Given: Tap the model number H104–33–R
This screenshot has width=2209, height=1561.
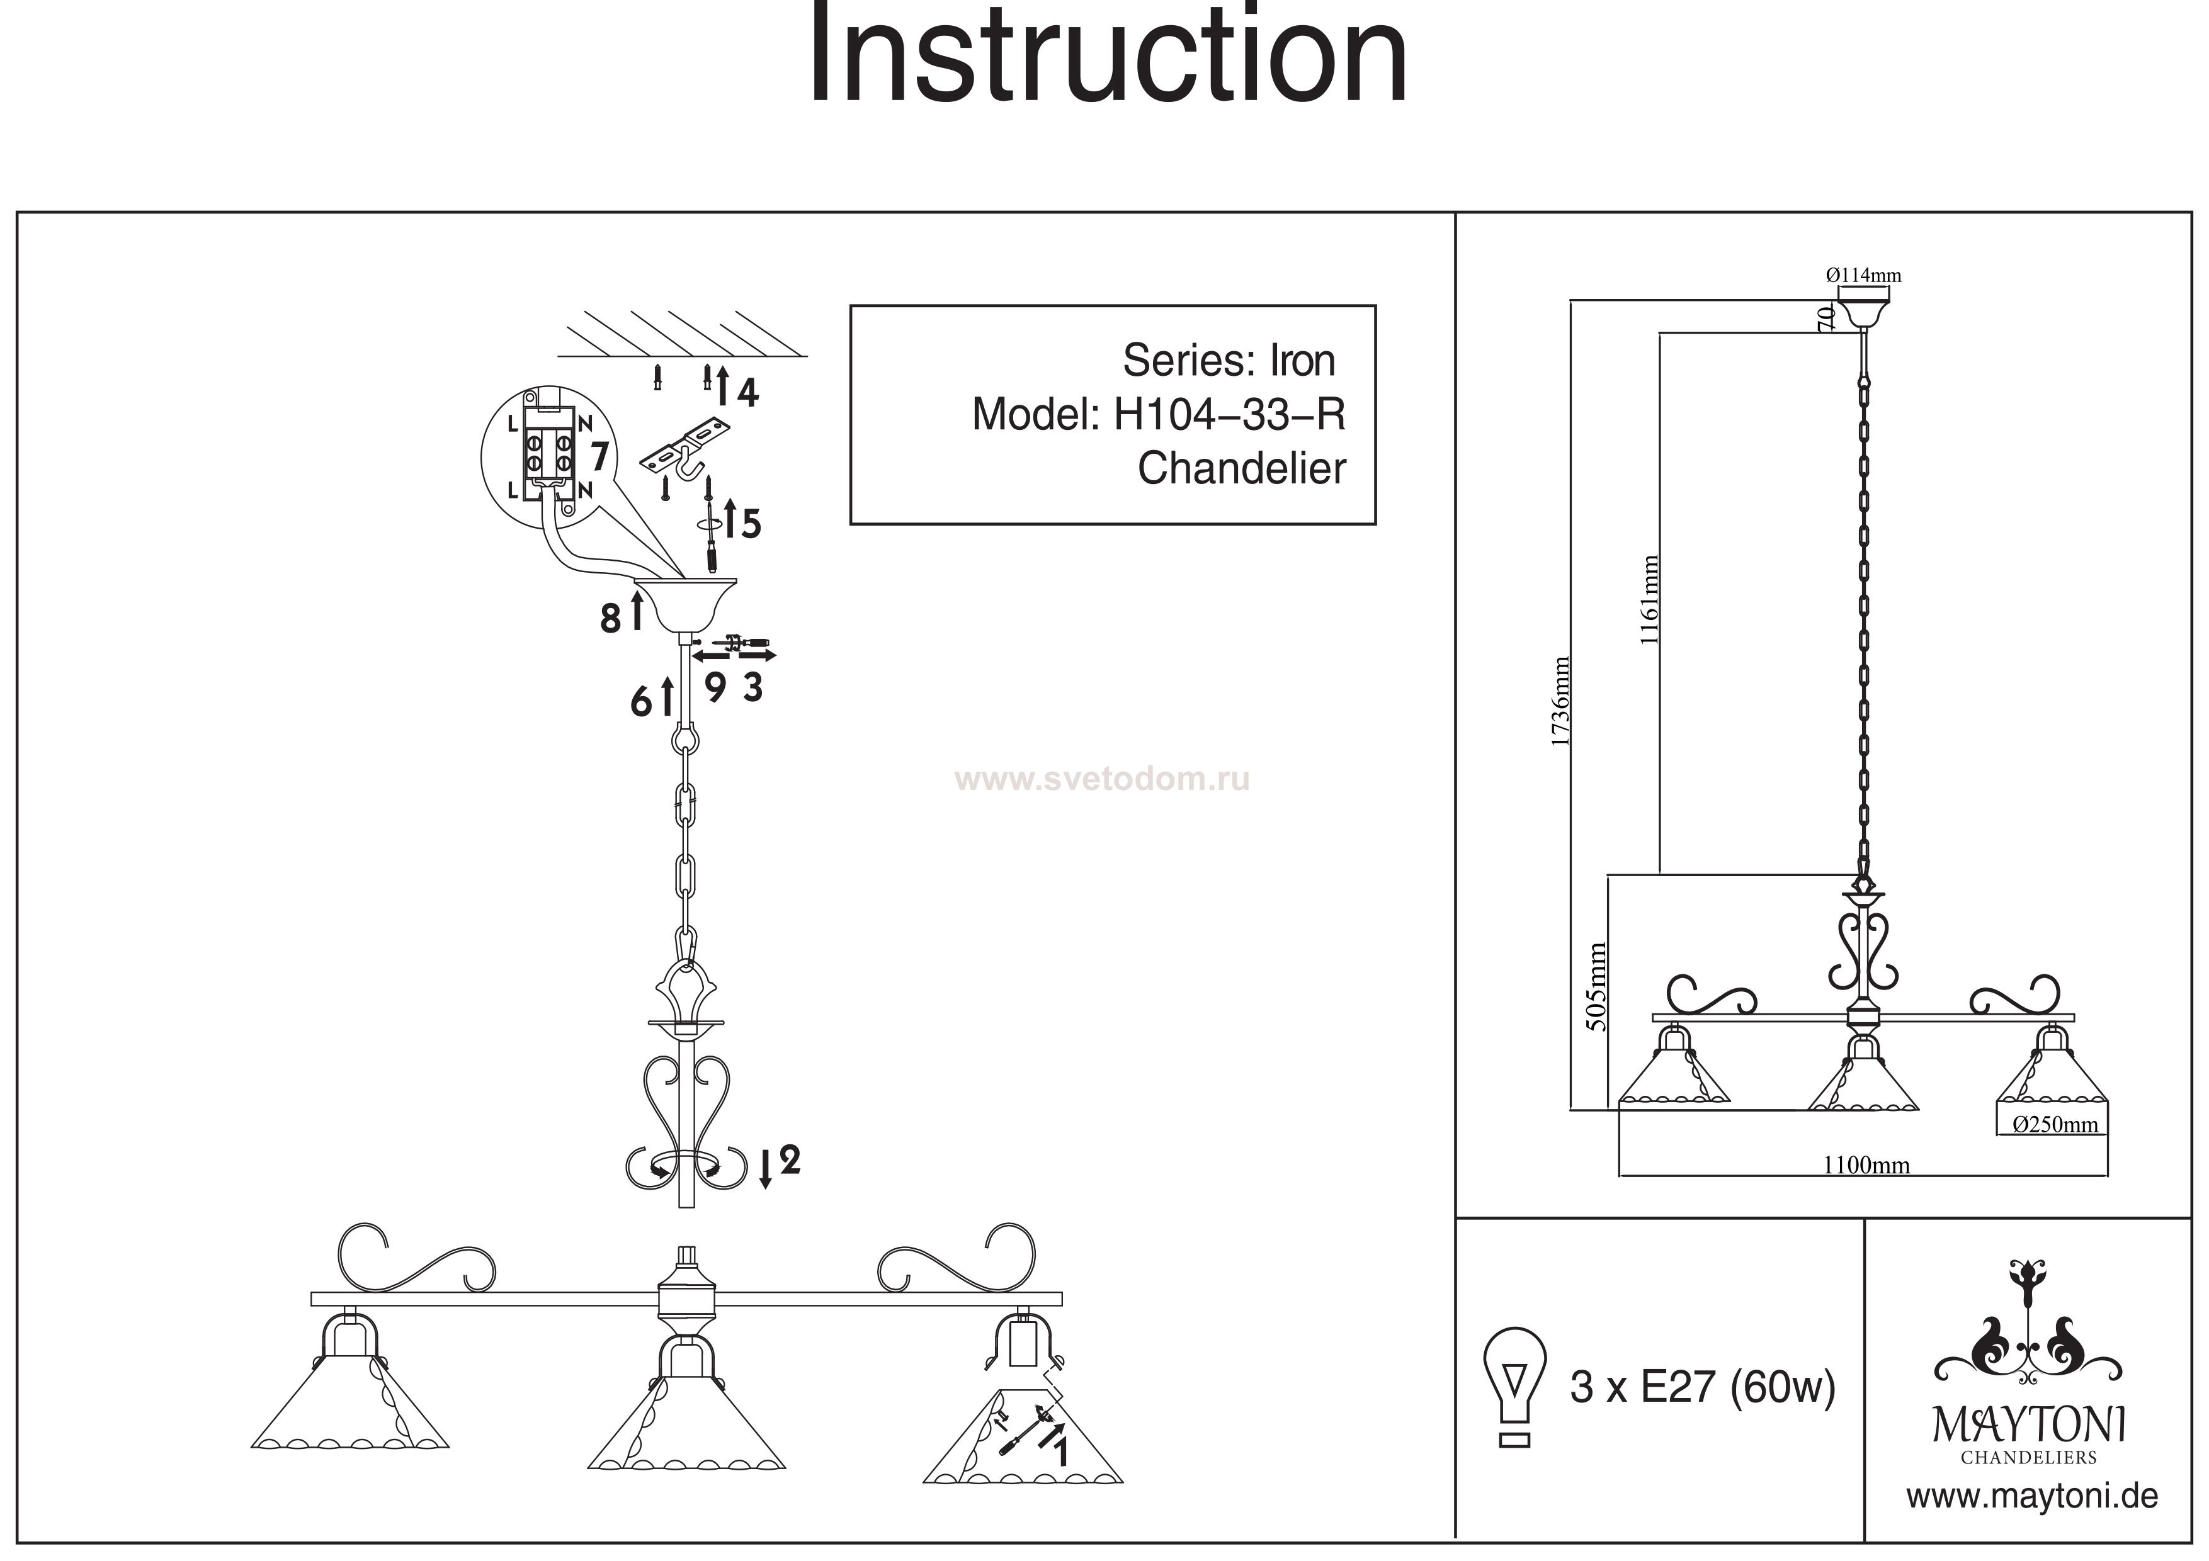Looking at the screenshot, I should (x=1229, y=415).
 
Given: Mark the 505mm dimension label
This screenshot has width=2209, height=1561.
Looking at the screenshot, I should (x=1596, y=988).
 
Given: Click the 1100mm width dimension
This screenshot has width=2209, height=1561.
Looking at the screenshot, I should (x=1866, y=1166).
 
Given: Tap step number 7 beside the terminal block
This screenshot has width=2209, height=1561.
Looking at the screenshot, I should (x=599, y=456).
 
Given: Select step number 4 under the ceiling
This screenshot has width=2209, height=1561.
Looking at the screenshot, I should (x=747, y=392).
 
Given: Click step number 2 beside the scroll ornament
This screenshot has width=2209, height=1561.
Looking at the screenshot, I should (x=789, y=1161).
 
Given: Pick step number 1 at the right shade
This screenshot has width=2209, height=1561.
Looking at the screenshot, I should (x=1060, y=1450).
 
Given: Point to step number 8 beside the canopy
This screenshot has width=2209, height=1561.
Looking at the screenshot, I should (x=610, y=619).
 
